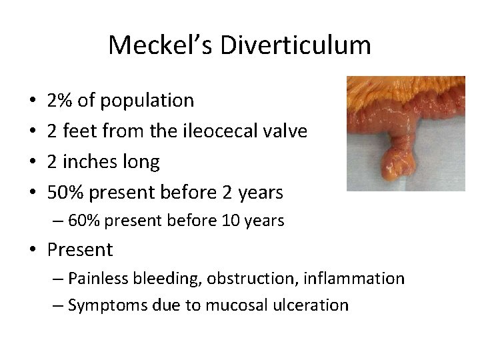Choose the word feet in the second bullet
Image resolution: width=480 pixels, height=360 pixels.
pyautogui.click(x=78, y=131)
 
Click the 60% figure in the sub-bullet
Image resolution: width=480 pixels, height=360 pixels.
pyautogui.click(x=82, y=221)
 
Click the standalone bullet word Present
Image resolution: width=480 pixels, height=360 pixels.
pyautogui.click(x=80, y=250)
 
